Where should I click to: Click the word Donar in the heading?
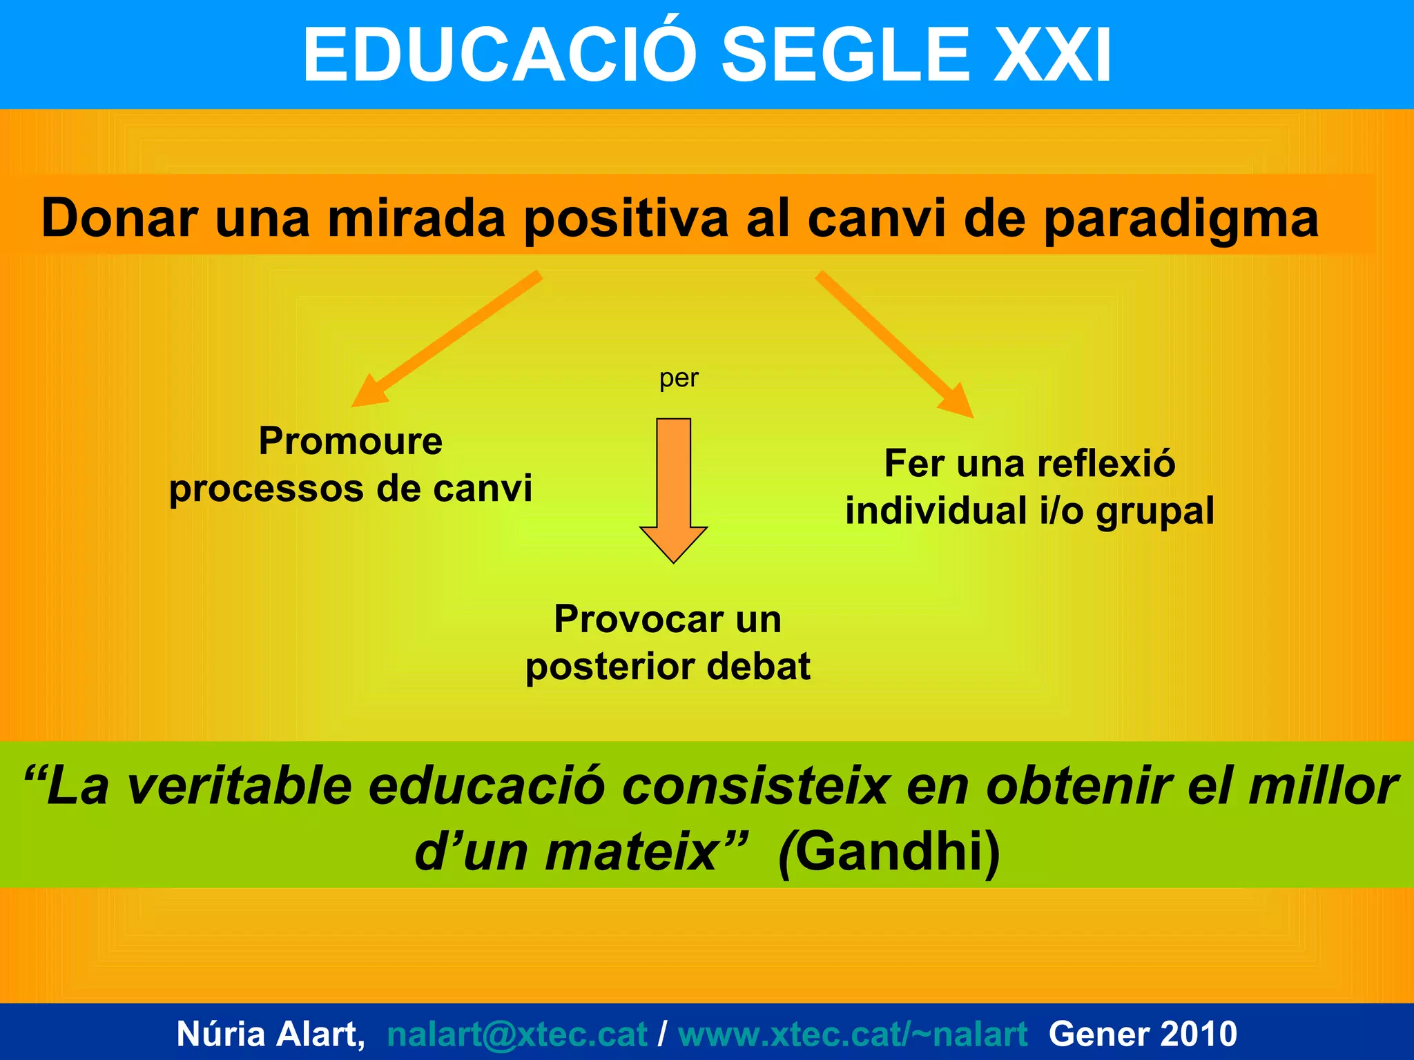click(119, 218)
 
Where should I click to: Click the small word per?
click(679, 379)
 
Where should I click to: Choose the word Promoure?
click(351, 441)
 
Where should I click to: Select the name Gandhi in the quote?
click(889, 852)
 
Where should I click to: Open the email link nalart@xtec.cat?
click(517, 1034)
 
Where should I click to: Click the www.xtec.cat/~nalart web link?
click(853, 1034)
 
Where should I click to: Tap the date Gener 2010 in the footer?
click(1143, 1034)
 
